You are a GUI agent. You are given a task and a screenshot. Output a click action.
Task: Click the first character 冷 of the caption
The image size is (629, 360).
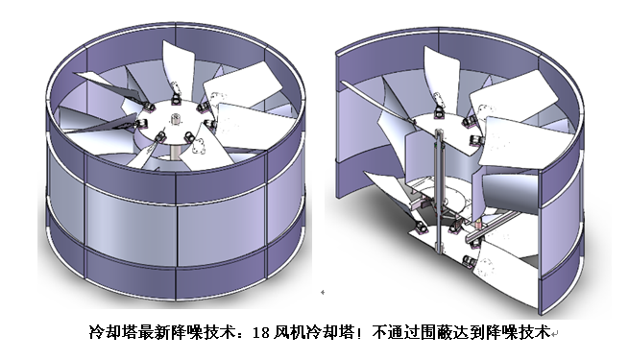92,334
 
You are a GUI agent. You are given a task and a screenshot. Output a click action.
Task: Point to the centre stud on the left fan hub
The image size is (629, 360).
176,119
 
